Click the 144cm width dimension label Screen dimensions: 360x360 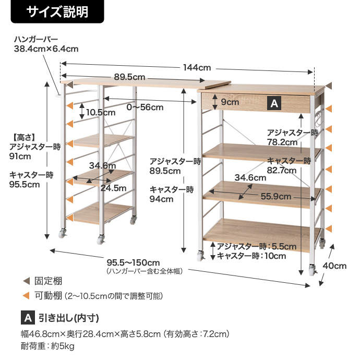197,67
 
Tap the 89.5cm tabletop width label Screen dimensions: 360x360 129,77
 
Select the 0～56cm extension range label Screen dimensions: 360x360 145,107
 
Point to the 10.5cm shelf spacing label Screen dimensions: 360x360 101,113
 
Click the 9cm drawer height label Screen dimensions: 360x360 230,102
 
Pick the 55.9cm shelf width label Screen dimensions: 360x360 276,196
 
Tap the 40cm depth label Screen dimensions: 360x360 334,266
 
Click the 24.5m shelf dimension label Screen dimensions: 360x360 113,188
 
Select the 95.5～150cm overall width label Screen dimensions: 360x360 133,262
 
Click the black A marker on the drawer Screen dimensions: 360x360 274,103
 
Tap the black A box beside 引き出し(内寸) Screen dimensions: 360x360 28,318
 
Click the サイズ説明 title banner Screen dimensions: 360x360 57,11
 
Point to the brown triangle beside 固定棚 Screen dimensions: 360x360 27,281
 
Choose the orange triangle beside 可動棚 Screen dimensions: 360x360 27,295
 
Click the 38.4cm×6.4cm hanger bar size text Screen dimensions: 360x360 46,49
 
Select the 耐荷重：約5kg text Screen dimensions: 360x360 47,346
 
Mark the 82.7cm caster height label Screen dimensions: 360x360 282,171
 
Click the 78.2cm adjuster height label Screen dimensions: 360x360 282,142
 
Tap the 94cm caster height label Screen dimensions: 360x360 161,199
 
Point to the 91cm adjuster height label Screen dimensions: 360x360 20,157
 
